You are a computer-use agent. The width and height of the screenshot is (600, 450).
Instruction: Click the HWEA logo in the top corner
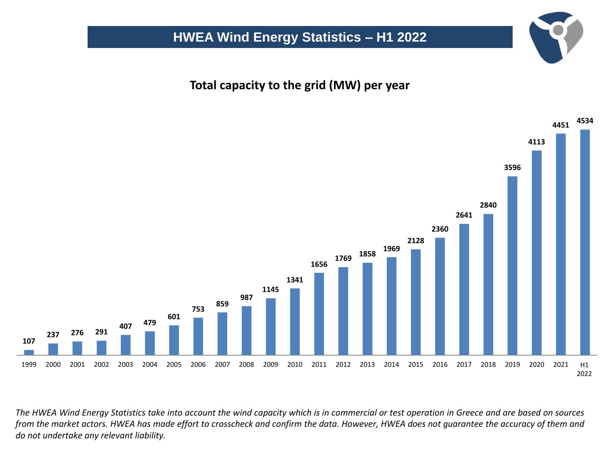[x=556, y=37]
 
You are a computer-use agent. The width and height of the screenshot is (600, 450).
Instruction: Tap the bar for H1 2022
[x=585, y=242]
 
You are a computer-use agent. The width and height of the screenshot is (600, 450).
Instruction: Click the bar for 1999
[x=29, y=352]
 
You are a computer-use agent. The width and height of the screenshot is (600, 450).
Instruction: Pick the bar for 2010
[x=295, y=321]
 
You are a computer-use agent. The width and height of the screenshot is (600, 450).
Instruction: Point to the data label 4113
[x=536, y=142]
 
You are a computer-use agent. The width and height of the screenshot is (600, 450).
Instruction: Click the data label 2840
[x=488, y=205]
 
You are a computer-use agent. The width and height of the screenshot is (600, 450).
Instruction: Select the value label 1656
[x=319, y=264]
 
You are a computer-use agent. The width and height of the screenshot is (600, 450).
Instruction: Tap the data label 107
[x=29, y=341]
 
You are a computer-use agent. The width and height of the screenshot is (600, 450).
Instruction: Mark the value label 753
[x=198, y=309]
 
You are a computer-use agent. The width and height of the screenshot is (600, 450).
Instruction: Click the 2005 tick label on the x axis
[x=174, y=364]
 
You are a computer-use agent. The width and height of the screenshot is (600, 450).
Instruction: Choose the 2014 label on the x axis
[x=391, y=364]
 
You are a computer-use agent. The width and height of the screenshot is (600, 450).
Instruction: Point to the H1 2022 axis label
[x=584, y=369]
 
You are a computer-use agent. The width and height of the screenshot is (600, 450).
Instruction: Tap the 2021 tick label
[x=560, y=364]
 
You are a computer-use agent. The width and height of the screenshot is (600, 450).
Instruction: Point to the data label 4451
[x=560, y=125]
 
